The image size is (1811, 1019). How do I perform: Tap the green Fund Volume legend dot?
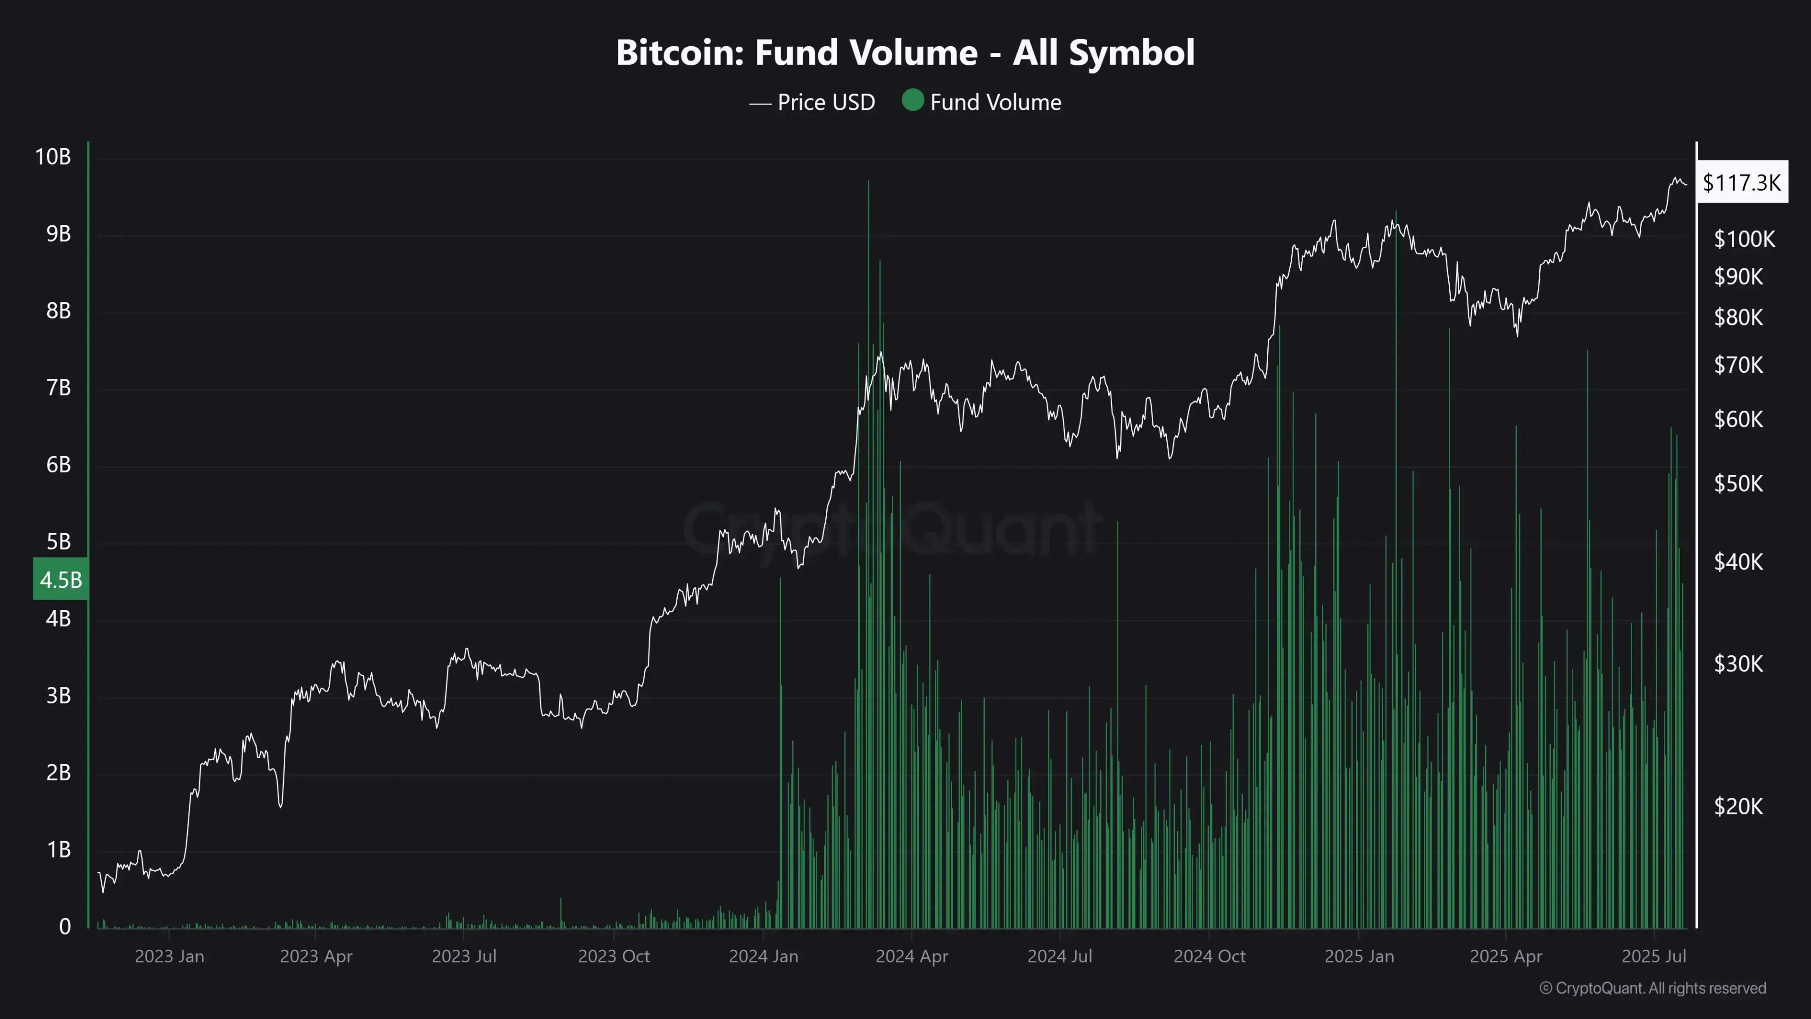coord(913,100)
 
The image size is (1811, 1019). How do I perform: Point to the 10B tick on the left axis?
coord(53,157)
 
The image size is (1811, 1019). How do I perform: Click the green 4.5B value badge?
coord(60,579)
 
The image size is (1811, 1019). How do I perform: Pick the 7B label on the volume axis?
coord(58,387)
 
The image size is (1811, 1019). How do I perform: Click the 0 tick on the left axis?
coord(65,926)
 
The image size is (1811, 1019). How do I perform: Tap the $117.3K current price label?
coord(1741,183)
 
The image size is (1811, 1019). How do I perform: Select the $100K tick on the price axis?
coord(1744,239)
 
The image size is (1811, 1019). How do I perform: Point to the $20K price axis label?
coord(1738,806)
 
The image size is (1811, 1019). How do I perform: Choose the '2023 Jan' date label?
coord(169,956)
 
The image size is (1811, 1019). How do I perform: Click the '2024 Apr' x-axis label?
coord(911,956)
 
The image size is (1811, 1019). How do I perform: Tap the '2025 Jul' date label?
coord(1653,956)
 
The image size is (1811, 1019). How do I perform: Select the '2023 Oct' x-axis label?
coord(614,956)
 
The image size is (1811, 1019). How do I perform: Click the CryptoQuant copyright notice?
coord(1652,988)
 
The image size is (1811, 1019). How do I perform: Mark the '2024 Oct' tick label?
coord(1209,956)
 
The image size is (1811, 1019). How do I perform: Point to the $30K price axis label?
coord(1738,664)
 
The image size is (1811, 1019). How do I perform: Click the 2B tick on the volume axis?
coord(58,773)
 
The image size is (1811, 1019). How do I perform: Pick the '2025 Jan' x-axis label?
coord(1359,956)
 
